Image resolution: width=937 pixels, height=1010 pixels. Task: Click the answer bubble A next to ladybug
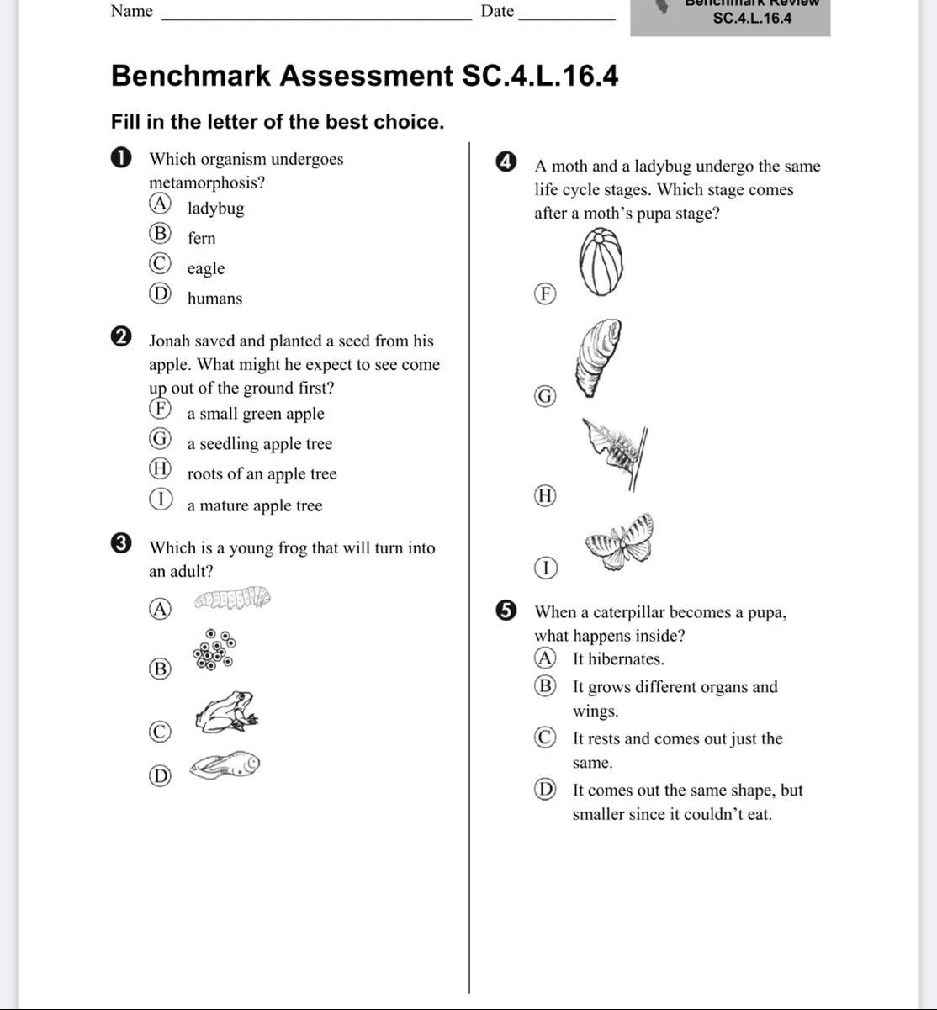tap(160, 204)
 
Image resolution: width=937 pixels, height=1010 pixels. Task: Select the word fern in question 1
tap(202, 238)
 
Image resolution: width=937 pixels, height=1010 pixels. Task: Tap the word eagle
tap(206, 268)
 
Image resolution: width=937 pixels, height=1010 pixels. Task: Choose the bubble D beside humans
tap(160, 293)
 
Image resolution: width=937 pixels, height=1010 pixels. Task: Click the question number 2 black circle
tap(121, 337)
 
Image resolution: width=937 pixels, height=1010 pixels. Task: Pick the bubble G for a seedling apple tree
tap(160, 439)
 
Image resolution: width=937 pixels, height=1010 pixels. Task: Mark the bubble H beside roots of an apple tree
tap(160, 468)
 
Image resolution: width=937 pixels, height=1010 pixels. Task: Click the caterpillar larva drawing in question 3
tap(232, 599)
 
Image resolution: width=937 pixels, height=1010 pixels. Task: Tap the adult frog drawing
tap(226, 711)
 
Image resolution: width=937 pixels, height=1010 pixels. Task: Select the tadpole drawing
tap(225, 765)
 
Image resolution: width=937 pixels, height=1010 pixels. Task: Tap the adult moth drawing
tap(621, 542)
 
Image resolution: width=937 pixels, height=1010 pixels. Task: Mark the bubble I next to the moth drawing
tap(545, 568)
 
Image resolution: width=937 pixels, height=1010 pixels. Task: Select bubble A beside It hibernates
tap(545, 657)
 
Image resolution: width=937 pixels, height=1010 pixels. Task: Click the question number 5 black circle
tap(506, 611)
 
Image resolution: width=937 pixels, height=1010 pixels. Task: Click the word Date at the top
tap(497, 11)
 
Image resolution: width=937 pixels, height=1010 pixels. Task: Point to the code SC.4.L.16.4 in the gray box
tap(752, 18)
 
